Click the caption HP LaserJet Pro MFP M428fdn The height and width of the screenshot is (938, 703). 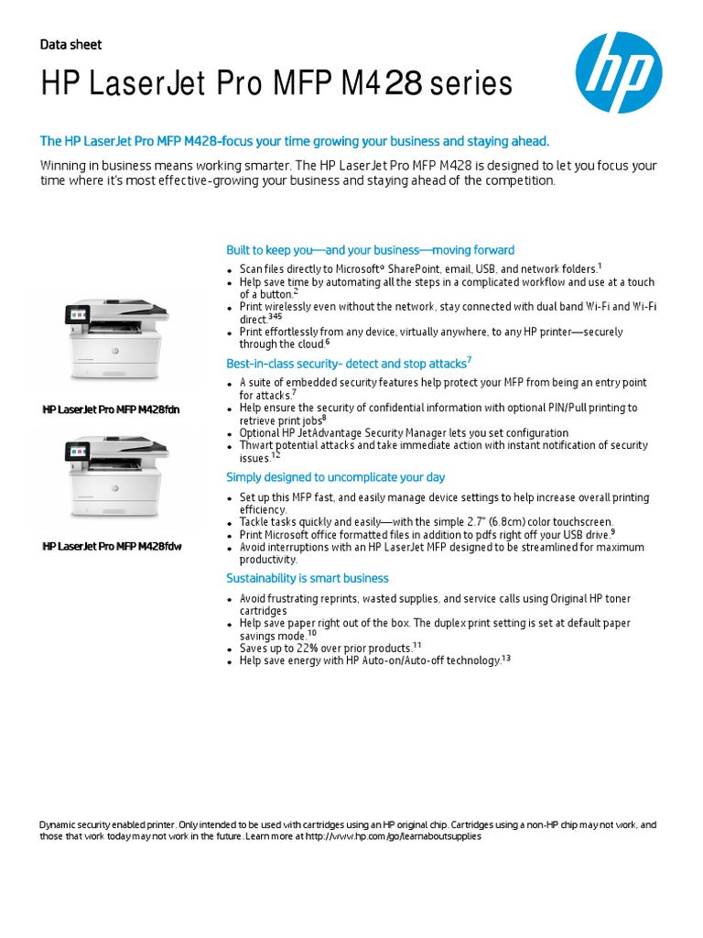coord(112,409)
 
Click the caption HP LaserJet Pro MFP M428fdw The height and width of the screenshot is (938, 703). coord(113,547)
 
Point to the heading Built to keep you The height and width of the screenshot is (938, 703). coord(370,250)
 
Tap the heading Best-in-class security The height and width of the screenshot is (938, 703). coord(346,364)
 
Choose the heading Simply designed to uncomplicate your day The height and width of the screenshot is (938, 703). coord(336,477)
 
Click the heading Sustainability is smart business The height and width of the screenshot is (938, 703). coord(308,578)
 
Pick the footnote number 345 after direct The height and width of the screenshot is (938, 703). coord(275,316)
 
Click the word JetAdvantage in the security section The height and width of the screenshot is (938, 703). coord(340,433)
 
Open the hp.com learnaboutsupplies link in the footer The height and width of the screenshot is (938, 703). coord(393,836)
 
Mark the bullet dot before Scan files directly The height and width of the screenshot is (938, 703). coord(231,270)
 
